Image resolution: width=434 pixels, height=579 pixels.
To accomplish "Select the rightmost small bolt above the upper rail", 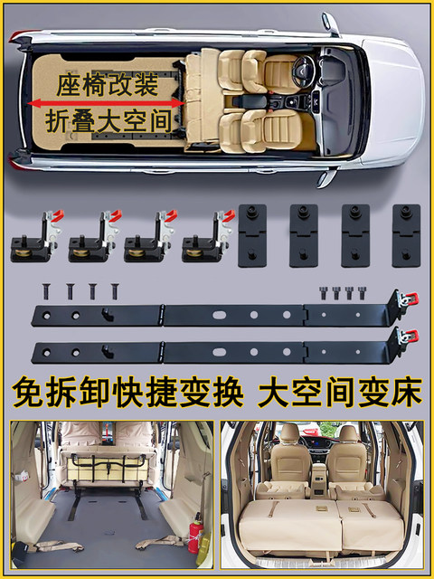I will [x=357, y=292].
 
